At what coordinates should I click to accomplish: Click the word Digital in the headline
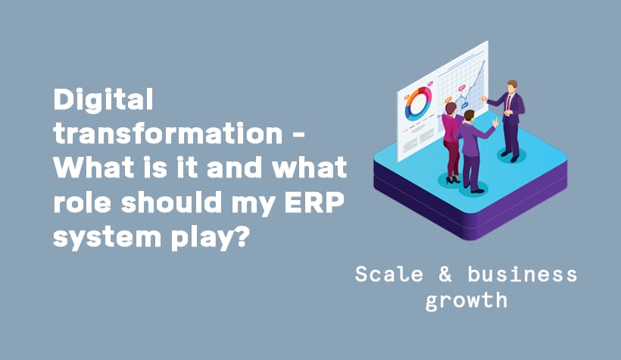click(x=103, y=99)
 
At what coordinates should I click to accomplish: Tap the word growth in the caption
click(x=466, y=300)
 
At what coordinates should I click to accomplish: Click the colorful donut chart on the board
click(x=418, y=105)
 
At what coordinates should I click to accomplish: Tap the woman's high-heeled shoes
click(x=454, y=180)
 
